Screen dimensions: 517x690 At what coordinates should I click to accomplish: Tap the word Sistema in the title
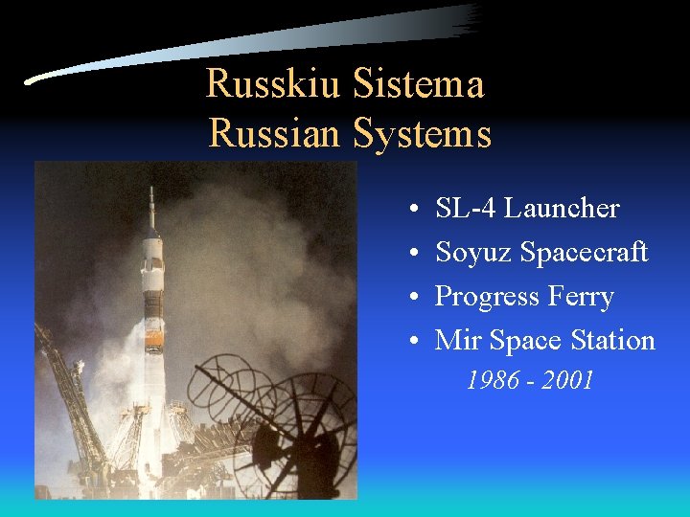(x=418, y=84)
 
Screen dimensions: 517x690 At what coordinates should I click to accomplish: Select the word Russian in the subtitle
(x=275, y=133)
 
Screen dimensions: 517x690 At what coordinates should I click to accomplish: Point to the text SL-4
(x=466, y=208)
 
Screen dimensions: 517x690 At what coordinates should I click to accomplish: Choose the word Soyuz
(x=473, y=252)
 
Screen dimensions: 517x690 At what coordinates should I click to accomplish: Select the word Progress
(x=489, y=296)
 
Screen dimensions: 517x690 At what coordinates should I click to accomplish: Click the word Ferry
(x=583, y=296)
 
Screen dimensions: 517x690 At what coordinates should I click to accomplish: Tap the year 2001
(x=567, y=381)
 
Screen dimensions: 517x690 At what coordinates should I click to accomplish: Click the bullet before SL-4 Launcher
(x=409, y=209)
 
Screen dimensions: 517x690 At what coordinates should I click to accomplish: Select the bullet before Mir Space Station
(x=409, y=341)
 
